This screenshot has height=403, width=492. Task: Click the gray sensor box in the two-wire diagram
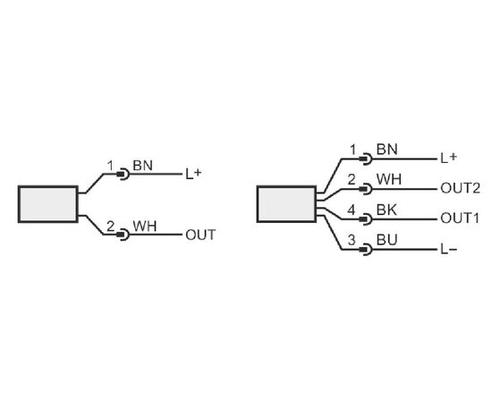pyautogui.click(x=48, y=204)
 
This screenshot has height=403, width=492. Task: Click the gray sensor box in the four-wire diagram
pyautogui.click(x=286, y=204)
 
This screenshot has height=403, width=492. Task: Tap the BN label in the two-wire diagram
pyautogui.click(x=143, y=166)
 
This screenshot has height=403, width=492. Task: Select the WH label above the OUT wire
pyautogui.click(x=145, y=227)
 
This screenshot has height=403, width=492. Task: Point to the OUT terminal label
pyautogui.click(x=200, y=235)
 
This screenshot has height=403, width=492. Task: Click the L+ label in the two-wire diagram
pyautogui.click(x=193, y=174)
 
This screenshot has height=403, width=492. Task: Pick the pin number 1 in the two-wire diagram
pyautogui.click(x=110, y=166)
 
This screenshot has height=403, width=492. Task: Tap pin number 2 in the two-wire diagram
pyautogui.click(x=110, y=227)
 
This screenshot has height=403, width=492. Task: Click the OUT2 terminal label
pyautogui.click(x=461, y=188)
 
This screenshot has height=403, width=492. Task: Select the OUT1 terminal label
pyautogui.click(x=460, y=219)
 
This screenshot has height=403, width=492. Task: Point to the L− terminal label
pyautogui.click(x=449, y=250)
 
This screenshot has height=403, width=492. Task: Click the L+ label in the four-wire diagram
pyautogui.click(x=449, y=158)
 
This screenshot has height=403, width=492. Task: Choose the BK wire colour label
pyautogui.click(x=386, y=210)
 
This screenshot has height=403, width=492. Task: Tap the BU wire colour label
pyautogui.click(x=386, y=240)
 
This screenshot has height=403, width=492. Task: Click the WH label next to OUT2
pyautogui.click(x=389, y=179)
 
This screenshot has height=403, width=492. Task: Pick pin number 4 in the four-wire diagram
pyautogui.click(x=352, y=210)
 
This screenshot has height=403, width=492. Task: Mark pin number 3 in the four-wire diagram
pyautogui.click(x=352, y=240)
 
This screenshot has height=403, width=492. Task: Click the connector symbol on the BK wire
pyautogui.click(x=366, y=219)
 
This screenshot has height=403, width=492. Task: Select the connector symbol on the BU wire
pyautogui.click(x=366, y=250)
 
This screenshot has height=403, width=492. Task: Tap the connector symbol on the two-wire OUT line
pyautogui.click(x=123, y=235)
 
